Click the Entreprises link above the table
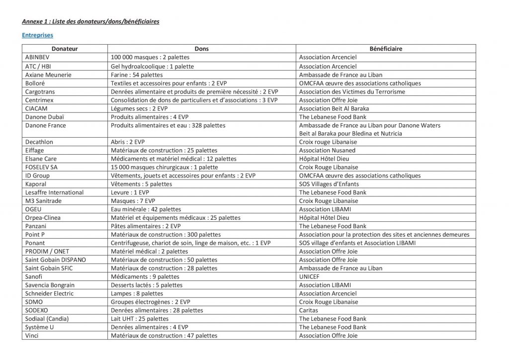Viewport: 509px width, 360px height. [37, 35]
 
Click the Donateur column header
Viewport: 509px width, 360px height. [65, 49]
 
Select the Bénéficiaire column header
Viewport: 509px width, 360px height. [386, 49]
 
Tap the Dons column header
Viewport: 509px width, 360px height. [201, 49]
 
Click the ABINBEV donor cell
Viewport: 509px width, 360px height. [38, 57]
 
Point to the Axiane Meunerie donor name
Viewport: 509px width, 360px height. [48, 75]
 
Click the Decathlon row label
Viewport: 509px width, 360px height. [39, 142]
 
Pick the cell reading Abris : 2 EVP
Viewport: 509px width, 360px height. [128, 142]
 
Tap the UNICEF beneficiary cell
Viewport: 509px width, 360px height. [309, 276]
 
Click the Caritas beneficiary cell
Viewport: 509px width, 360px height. [309, 310]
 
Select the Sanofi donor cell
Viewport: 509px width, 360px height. [34, 276]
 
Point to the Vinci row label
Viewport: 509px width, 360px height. [32, 336]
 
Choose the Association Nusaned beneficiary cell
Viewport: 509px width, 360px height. [327, 150]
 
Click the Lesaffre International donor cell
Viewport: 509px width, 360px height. [54, 192]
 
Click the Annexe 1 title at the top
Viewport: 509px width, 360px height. [90, 22]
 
